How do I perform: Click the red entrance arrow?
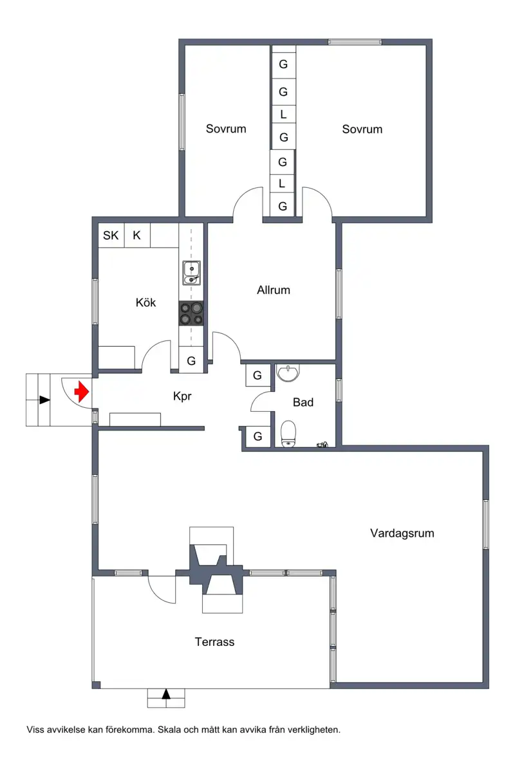82,391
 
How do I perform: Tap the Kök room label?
145,302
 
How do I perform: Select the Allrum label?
274,290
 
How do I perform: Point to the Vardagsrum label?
402,533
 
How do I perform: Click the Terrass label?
214,642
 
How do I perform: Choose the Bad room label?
303,402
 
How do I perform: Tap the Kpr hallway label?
182,396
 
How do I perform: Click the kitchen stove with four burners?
191,313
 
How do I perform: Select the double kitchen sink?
191,273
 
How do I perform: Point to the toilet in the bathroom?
288,434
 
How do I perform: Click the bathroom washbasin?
288,373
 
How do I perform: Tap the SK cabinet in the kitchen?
111,235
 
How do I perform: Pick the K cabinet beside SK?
137,235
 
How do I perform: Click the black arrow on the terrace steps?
166,694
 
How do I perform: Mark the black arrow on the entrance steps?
44,400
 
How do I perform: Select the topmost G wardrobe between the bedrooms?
283,64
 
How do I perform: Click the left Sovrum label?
226,129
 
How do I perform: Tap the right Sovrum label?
362,129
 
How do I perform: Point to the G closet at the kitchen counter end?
191,361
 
